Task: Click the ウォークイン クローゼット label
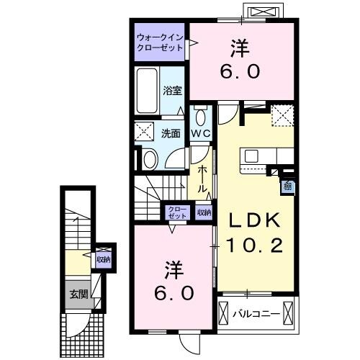160,42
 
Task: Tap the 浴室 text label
171,91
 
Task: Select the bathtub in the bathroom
146,92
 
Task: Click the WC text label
199,134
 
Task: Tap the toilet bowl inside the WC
199,117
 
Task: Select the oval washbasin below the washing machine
149,159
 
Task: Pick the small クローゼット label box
176,212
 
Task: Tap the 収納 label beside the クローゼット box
204,212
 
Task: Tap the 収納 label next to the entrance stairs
104,258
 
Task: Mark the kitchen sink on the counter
253,156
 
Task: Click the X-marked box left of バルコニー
225,313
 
